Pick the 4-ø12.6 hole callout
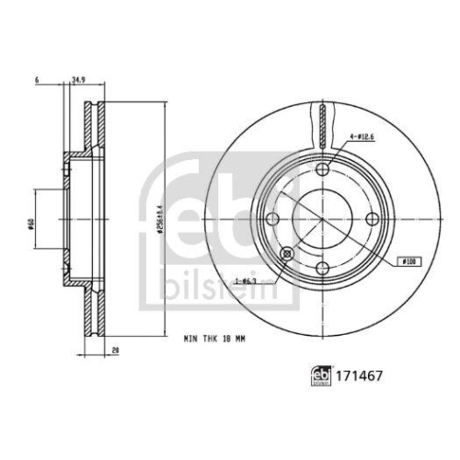click(x=361, y=138)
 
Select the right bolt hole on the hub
click(x=373, y=219)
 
